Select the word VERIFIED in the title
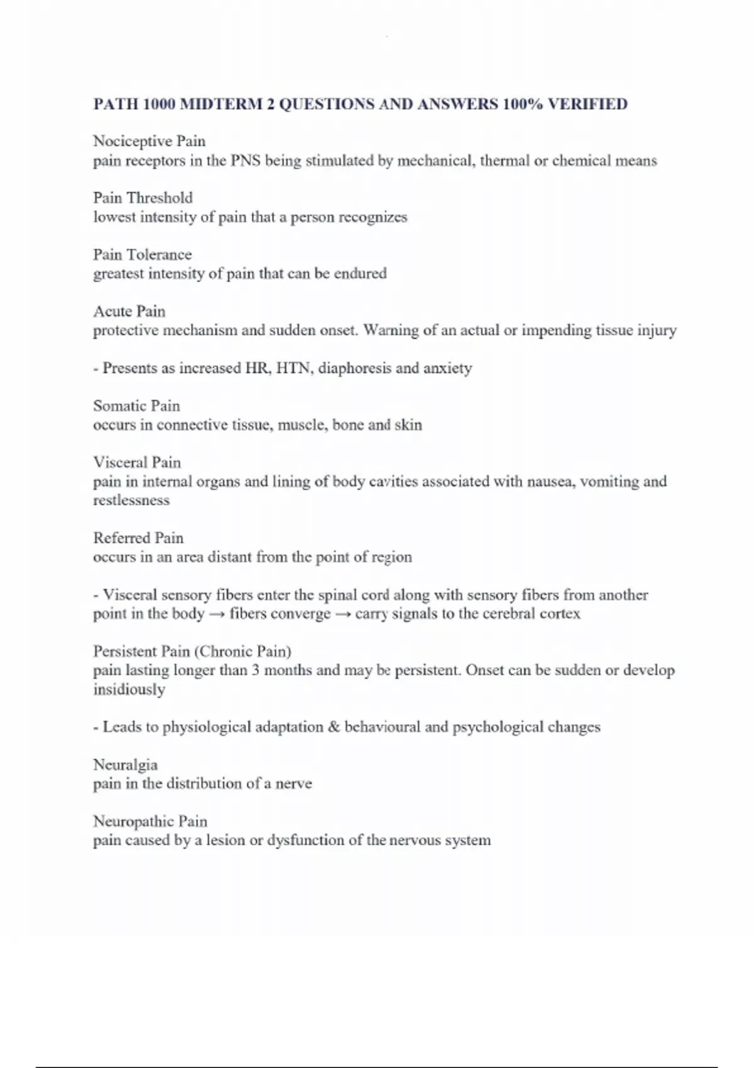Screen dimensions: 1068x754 click(x=587, y=104)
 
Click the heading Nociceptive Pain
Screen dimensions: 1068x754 click(x=149, y=141)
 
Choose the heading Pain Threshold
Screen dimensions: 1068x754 click(x=143, y=198)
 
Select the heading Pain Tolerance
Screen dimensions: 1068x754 click(x=142, y=254)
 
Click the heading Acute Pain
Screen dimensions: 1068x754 click(x=129, y=311)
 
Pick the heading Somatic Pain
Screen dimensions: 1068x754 click(x=136, y=406)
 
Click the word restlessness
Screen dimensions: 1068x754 click(x=131, y=501)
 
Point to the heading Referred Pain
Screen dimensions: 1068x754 click(x=138, y=538)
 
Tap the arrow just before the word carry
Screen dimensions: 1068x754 click(x=342, y=614)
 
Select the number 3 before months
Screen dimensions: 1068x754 click(x=256, y=670)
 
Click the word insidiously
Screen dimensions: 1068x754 click(x=129, y=690)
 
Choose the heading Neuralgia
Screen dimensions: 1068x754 click(x=125, y=765)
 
